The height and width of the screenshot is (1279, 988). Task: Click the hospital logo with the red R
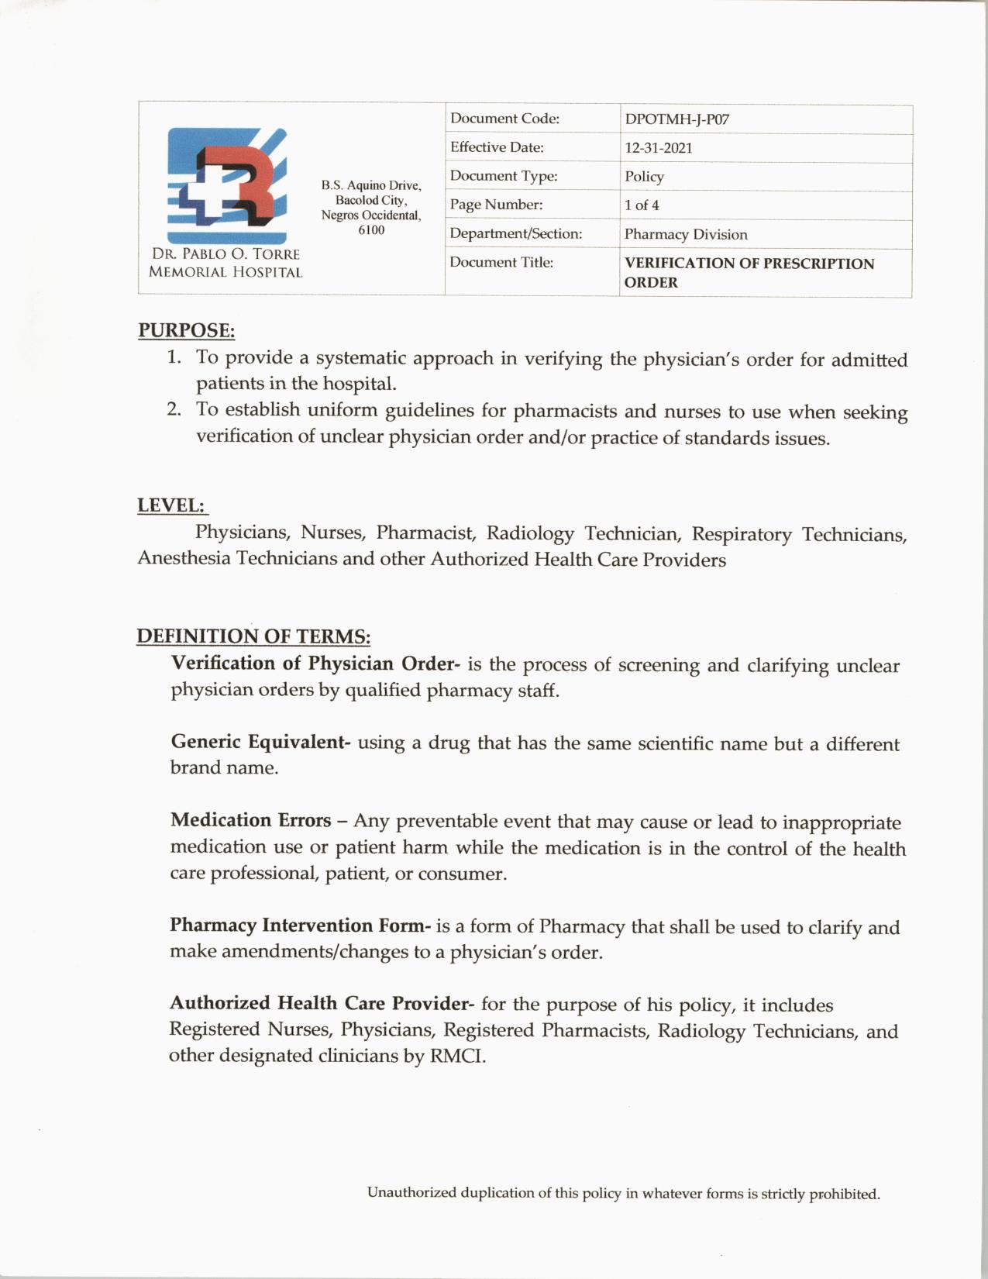[x=226, y=186]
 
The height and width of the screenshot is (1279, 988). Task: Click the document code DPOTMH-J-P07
[x=676, y=119]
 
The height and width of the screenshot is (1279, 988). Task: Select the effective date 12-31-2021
[x=658, y=148]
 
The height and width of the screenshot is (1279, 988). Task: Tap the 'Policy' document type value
[x=644, y=177]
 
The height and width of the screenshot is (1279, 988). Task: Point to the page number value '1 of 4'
[x=642, y=205]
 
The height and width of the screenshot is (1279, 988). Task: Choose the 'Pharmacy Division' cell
[x=686, y=234]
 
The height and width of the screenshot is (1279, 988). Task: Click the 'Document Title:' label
[x=501, y=263]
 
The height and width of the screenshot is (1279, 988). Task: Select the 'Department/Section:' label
[x=515, y=233]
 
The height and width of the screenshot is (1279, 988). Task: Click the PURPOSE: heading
[x=186, y=330]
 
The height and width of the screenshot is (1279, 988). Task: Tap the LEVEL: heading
[x=171, y=505]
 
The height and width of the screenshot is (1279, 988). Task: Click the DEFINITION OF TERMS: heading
[x=253, y=636]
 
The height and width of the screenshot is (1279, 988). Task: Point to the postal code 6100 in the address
[x=371, y=230]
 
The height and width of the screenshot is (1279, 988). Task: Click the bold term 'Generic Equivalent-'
[x=260, y=742]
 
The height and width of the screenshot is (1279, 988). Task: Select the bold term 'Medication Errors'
[x=250, y=820]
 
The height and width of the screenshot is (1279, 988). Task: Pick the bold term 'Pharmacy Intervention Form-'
[x=300, y=926]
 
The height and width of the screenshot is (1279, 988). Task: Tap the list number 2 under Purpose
[x=174, y=409]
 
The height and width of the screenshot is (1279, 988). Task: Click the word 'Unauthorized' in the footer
[x=411, y=1192]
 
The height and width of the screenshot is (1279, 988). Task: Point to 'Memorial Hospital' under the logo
[x=225, y=272]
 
